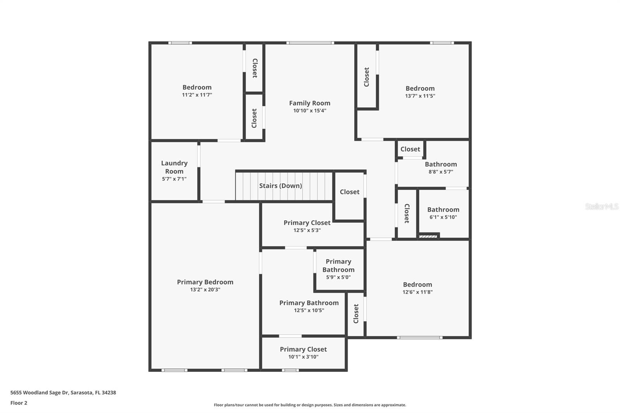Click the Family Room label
pyautogui.click(x=310, y=103)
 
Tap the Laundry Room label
pyautogui.click(x=174, y=167)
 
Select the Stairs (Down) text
pyautogui.click(x=280, y=186)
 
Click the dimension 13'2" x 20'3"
pyautogui.click(x=205, y=289)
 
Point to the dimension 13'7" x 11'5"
pyautogui.click(x=420, y=96)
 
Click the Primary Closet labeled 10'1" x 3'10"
pyautogui.click(x=303, y=349)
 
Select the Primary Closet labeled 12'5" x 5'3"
pyautogui.click(x=307, y=223)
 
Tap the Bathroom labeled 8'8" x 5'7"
pyautogui.click(x=441, y=164)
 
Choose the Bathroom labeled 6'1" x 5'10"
pyautogui.click(x=443, y=210)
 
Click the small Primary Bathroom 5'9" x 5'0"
pyautogui.click(x=338, y=266)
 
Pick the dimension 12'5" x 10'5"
pyautogui.click(x=309, y=310)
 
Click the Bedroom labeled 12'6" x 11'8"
pyautogui.click(x=417, y=285)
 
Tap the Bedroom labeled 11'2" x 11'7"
pyautogui.click(x=197, y=88)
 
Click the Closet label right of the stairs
pyautogui.click(x=350, y=192)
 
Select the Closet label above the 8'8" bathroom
pyautogui.click(x=410, y=149)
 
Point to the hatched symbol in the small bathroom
pyautogui.click(x=428, y=236)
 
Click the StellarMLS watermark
pyautogui.click(x=601, y=206)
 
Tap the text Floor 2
pyautogui.click(x=19, y=403)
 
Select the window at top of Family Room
pyautogui.click(x=310, y=43)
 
